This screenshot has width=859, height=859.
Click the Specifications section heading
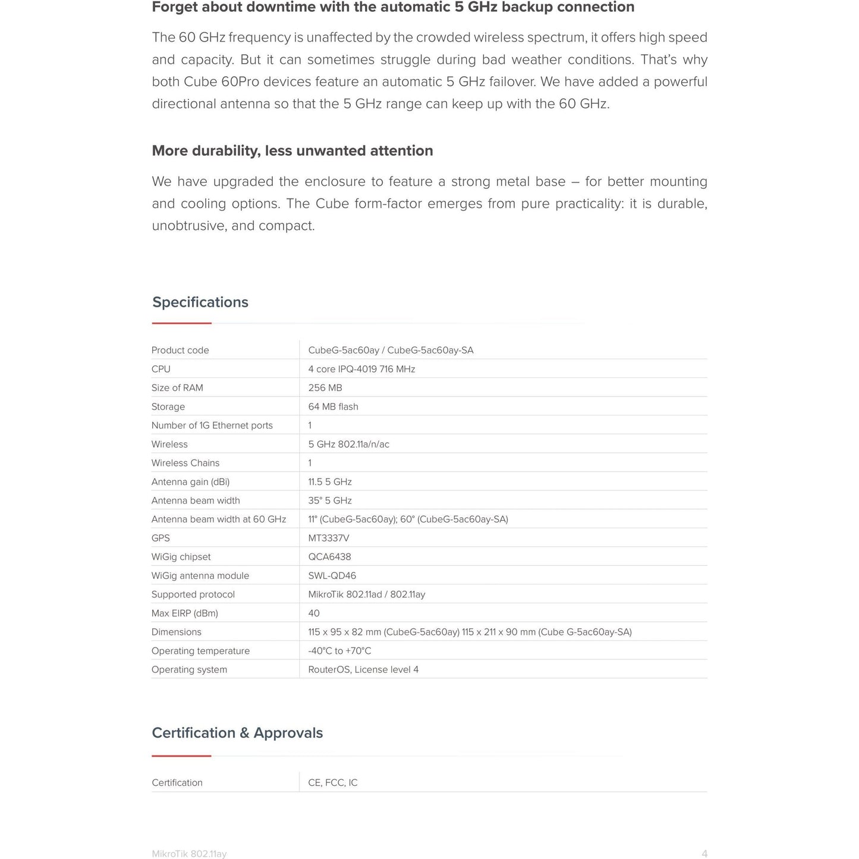(200, 302)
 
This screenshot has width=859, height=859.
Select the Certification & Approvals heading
(237, 732)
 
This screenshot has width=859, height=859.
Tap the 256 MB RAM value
(325, 388)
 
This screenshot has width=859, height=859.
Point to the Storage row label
(168, 407)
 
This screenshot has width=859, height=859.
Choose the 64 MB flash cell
(333, 407)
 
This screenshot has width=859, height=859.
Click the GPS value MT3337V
(329, 538)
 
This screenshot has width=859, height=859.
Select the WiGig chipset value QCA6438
(329, 557)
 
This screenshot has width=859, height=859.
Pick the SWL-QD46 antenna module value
(332, 575)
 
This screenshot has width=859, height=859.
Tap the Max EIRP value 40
(314, 613)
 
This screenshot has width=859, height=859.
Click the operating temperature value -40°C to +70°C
(339, 651)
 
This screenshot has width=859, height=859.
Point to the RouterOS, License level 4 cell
(363, 669)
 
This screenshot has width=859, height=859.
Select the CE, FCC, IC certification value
(333, 782)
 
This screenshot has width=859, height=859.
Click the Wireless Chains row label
(185, 463)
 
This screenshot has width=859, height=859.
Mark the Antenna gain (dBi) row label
(190, 482)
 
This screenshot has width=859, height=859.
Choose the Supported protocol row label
(193, 594)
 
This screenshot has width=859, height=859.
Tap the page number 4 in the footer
(704, 854)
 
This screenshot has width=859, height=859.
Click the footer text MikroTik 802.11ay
(189, 854)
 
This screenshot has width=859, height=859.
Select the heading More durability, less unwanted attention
(292, 150)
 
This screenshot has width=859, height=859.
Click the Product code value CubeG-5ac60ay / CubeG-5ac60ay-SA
(391, 350)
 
